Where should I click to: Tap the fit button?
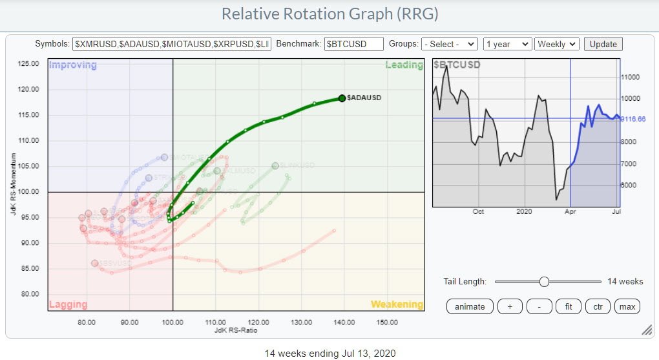569,306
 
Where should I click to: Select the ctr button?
597,306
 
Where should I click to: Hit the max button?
627,306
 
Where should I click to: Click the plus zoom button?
510,306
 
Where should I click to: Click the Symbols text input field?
173,44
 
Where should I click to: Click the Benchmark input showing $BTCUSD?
353,44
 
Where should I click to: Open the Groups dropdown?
449,44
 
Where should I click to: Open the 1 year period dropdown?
507,44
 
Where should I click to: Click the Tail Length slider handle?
544,281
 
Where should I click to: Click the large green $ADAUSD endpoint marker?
342,98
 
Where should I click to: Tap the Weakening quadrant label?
397,304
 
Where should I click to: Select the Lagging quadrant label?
68,304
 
